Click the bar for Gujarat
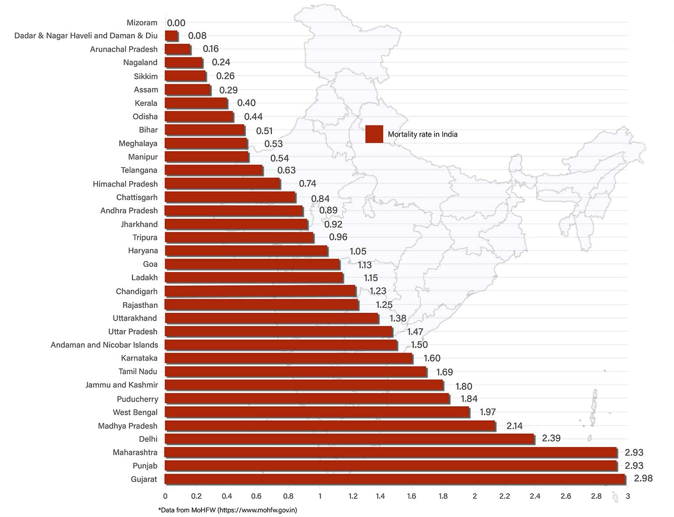point(395,479)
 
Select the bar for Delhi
point(349,439)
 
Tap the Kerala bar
point(196,103)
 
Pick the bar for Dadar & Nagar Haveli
point(171,36)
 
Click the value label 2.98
point(643,479)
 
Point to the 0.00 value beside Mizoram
point(176,23)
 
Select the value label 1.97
point(487,412)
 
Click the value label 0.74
point(307,184)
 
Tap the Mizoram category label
point(142,23)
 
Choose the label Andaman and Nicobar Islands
point(104,345)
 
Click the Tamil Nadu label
point(138,371)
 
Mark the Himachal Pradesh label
point(125,184)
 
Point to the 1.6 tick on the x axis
point(411,496)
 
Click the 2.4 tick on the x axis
point(535,496)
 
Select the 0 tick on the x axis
point(165,496)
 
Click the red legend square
point(374,134)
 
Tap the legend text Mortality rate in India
point(422,134)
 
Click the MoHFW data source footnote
point(227,510)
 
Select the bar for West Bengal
point(317,412)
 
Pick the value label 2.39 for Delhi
point(551,438)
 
